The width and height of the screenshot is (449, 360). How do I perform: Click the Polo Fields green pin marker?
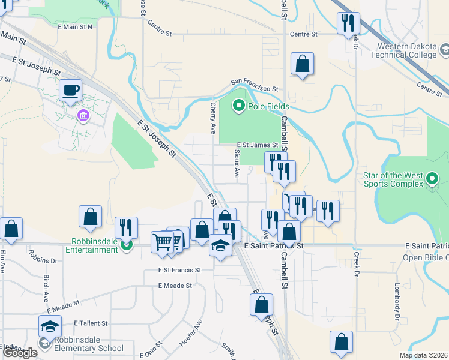point(238,106)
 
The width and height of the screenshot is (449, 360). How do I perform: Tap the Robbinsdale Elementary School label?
point(89,348)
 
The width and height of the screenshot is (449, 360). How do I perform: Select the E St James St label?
point(257,145)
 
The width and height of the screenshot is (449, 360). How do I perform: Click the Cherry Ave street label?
point(213,118)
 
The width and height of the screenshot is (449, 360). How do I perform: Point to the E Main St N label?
point(75,27)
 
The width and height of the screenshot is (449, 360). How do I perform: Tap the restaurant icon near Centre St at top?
point(348,23)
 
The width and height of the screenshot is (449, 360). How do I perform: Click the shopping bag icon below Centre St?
point(302,64)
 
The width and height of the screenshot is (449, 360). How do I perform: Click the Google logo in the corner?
point(20,353)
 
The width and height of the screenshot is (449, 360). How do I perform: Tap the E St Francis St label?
point(179,271)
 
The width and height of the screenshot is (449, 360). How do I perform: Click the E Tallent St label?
point(91,323)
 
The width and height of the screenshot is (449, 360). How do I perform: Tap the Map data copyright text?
point(423,355)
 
